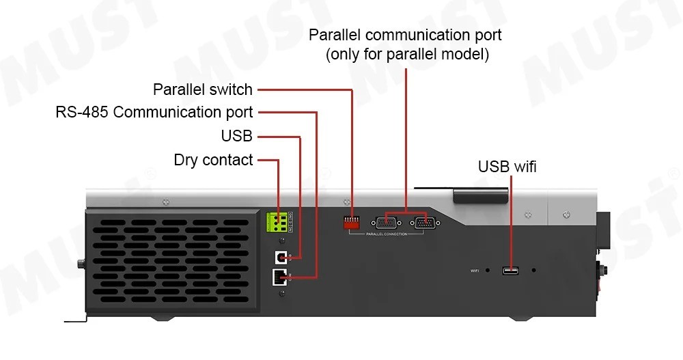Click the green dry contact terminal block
coord(277,223)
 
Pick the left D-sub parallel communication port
coord(386,222)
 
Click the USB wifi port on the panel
coord(510,271)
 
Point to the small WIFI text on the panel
coord(475,271)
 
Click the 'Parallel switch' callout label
coord(203,89)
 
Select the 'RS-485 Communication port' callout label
coord(154,112)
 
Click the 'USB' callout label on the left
coord(236,136)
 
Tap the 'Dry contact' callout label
coord(213,160)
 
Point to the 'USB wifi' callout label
coord(507,167)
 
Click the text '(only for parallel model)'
coord(407,55)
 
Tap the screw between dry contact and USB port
coord(281,240)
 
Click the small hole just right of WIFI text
coord(488,271)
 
